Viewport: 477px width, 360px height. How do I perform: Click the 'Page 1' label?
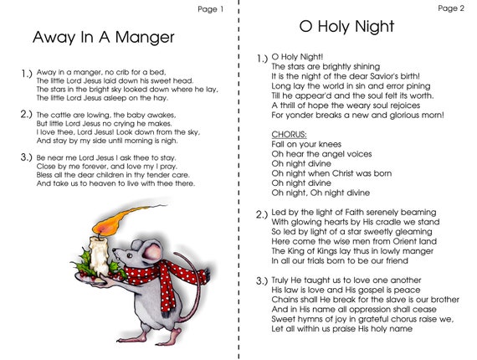coord(210,9)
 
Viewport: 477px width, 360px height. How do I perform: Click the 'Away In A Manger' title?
coord(103,38)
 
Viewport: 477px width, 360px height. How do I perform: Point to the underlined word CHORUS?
coord(289,135)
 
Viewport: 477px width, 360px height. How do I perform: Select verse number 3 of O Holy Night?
coord(262,279)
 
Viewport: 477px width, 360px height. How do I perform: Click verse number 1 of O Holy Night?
coord(262,58)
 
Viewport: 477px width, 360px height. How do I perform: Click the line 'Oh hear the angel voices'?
coord(316,155)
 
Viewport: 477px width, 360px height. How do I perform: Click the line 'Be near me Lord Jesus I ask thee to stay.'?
coord(105,157)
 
